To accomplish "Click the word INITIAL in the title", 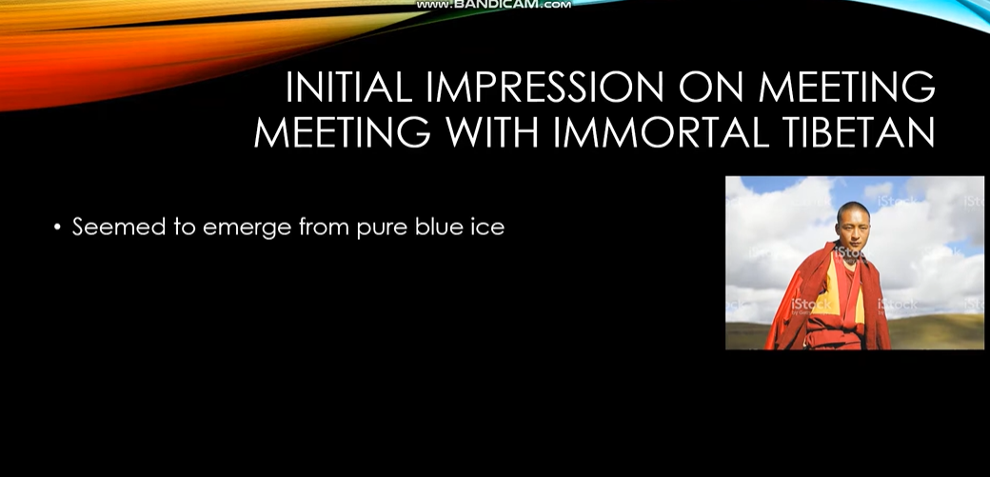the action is [348, 87].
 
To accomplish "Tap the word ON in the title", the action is [711, 87].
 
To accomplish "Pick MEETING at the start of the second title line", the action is [342, 132].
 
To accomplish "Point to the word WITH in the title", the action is [492, 132].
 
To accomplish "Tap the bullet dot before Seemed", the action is [57, 228].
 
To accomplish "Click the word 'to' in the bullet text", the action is [185, 228].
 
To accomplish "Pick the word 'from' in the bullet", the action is [324, 227].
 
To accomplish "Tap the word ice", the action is [489, 227].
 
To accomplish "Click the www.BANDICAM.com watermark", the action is [493, 4].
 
